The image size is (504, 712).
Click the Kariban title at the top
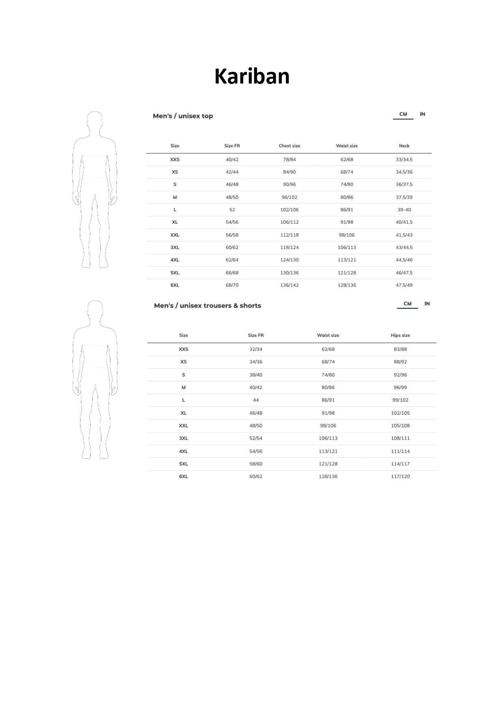[x=252, y=76]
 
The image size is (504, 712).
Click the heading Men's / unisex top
[x=183, y=116]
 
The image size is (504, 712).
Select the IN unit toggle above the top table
[x=422, y=114]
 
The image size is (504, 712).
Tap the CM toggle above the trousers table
[x=407, y=304]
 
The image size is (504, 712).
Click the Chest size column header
[x=289, y=146]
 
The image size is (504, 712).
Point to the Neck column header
[x=404, y=146]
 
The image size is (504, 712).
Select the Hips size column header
[x=400, y=336]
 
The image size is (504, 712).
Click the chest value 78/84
[x=289, y=159]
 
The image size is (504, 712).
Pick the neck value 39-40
[x=404, y=210]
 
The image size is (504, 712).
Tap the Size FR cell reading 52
[x=232, y=210]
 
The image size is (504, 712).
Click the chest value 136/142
[x=289, y=285]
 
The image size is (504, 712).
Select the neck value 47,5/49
[x=404, y=285]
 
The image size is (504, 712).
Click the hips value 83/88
[x=400, y=349]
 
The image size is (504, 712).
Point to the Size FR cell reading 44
[x=255, y=400]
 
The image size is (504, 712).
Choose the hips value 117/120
[x=400, y=476]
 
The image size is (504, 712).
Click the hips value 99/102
[x=400, y=400]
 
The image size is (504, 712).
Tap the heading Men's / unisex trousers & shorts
[x=208, y=305]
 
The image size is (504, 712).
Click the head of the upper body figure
[x=95, y=120]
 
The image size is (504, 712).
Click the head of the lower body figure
[x=95, y=310]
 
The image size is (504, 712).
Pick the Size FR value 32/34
[x=255, y=349]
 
